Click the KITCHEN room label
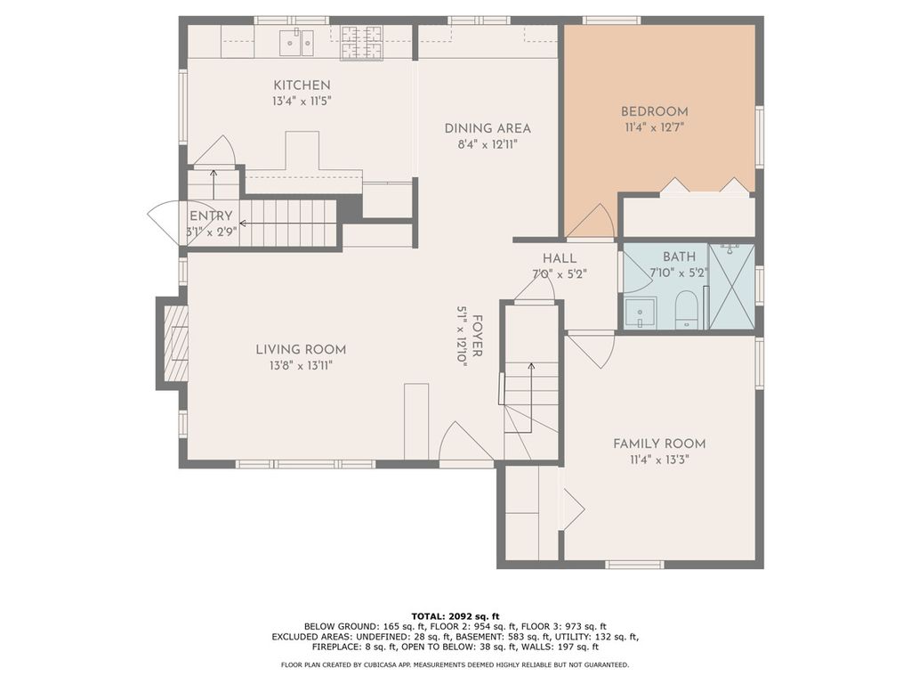(302, 85)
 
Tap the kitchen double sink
(296, 42)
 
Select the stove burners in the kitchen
(361, 43)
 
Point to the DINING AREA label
(488, 128)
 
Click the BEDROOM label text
(654, 111)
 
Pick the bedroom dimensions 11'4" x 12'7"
(654, 127)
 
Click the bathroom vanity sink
(641, 313)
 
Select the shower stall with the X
(732, 287)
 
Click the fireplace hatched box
(176, 343)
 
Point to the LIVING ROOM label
(301, 349)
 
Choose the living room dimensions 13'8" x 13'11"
(301, 366)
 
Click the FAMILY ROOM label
(659, 444)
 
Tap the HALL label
(560, 258)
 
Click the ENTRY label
(211, 216)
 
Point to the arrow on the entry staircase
(288, 224)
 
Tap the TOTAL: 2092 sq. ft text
(455, 616)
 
